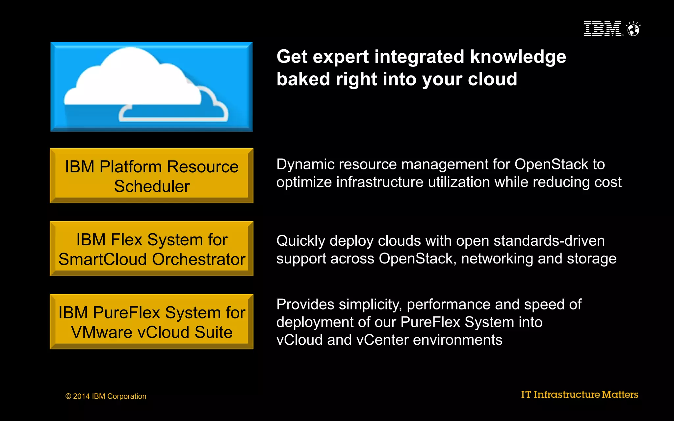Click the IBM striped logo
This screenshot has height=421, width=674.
pyautogui.click(x=602, y=29)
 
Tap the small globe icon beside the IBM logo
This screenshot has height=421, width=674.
pyautogui.click(x=633, y=29)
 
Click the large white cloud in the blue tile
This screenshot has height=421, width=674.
pyautogui.click(x=132, y=79)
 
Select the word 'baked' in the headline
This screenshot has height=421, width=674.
pyautogui.click(x=303, y=79)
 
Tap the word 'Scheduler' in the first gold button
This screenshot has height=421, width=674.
pyautogui.click(x=152, y=186)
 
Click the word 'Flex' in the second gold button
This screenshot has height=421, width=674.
pyautogui.click(x=127, y=240)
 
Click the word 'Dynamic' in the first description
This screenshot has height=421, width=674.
pyautogui.click(x=303, y=164)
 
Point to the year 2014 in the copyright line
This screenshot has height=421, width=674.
pyautogui.click(x=81, y=396)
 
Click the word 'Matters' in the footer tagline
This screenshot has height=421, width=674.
pyautogui.click(x=620, y=394)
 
